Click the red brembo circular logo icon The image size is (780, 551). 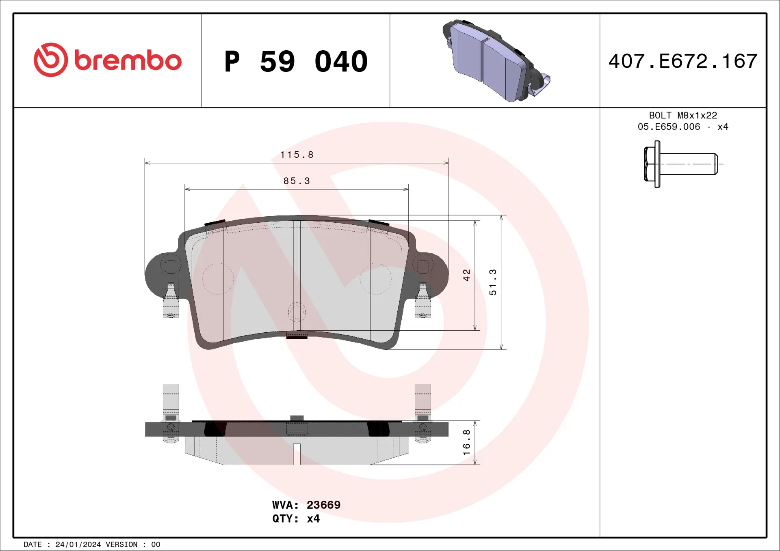[x=50, y=60]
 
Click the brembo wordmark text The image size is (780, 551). [x=128, y=61]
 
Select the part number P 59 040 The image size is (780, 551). [x=296, y=62]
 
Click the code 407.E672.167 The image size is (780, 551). [x=682, y=61]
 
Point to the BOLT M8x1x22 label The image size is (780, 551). [x=682, y=115]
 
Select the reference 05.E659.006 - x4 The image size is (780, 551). [x=682, y=127]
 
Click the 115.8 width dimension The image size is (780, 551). [x=297, y=155]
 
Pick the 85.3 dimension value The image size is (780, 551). [x=297, y=181]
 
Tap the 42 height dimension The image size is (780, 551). [x=466, y=275]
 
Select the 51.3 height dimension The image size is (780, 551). [x=493, y=282]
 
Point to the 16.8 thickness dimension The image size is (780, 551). [x=466, y=442]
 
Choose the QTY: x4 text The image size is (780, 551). [x=296, y=519]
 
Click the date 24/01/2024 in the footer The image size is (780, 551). [x=78, y=545]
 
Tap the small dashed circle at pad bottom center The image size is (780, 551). [x=297, y=312]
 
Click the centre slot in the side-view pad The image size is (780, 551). [x=297, y=454]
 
